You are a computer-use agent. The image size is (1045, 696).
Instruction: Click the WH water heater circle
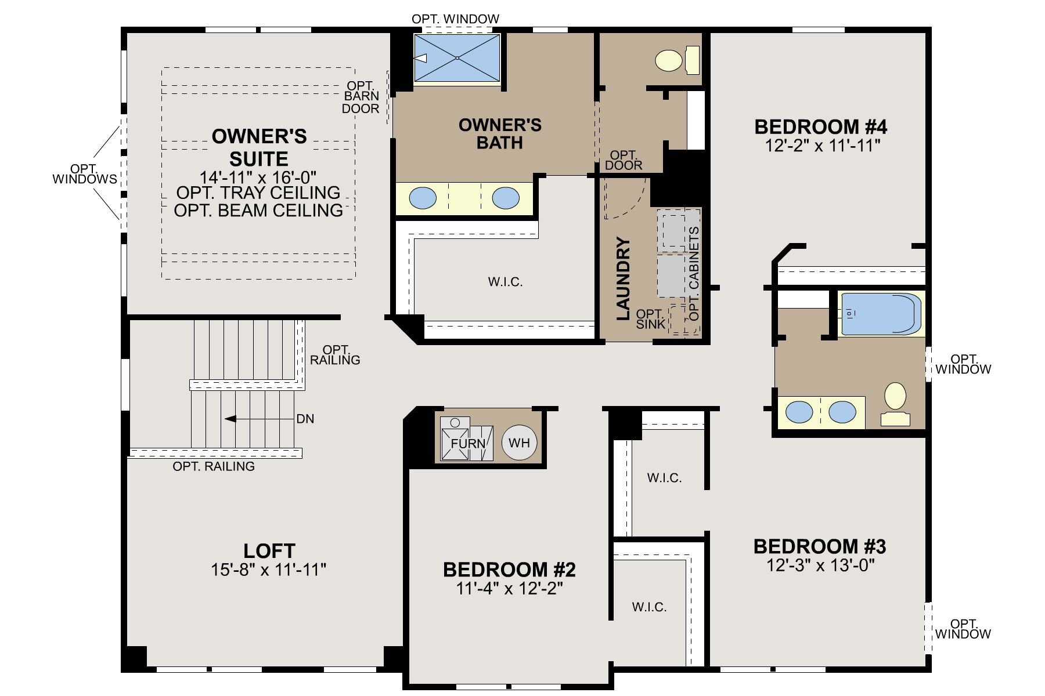520,443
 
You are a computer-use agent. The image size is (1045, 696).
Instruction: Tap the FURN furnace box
467,438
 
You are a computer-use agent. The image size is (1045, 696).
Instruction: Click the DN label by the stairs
305,419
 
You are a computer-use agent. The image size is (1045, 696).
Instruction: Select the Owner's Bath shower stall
457,57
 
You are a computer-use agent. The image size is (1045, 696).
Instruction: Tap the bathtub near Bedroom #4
881,314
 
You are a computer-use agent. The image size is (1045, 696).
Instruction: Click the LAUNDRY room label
623,278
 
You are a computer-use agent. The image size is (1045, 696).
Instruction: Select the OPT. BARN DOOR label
361,97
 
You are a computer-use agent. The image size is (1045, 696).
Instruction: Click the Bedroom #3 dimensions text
820,565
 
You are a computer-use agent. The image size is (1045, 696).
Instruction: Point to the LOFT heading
269,550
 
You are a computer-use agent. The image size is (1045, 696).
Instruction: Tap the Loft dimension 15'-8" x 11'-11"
269,570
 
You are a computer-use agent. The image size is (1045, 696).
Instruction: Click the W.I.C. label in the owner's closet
505,282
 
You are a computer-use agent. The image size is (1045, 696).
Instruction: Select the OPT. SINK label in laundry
650,319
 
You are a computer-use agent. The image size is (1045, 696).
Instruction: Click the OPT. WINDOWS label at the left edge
85,174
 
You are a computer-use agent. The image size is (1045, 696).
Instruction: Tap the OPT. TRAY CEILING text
258,192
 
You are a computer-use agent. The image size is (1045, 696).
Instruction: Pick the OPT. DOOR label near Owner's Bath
624,160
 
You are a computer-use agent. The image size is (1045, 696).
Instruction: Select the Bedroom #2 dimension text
509,589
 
